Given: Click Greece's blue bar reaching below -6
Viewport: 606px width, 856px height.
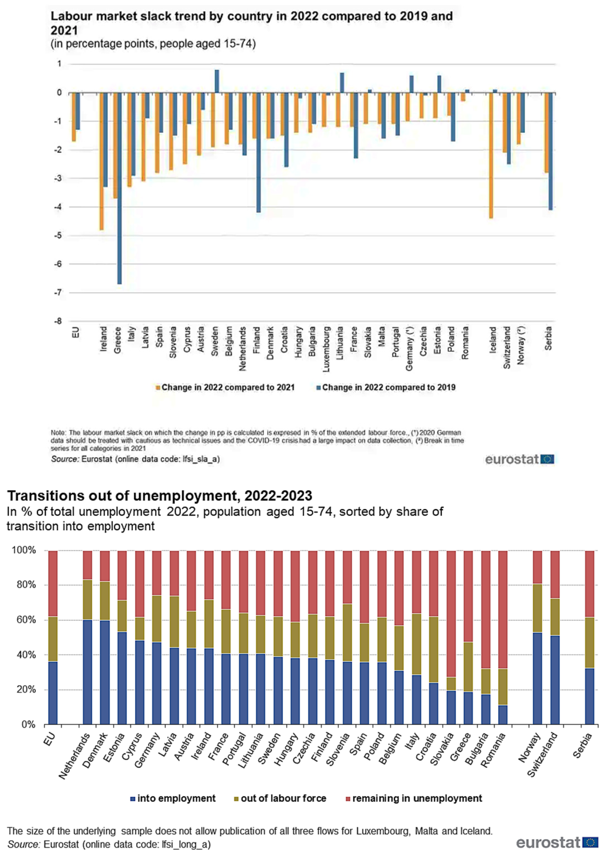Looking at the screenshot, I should point(119,188).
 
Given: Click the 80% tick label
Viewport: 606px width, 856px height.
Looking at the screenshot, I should point(24,585).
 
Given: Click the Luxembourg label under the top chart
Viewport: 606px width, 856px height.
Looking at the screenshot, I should point(326,349).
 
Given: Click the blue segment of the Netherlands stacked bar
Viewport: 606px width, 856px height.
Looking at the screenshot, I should point(88,671).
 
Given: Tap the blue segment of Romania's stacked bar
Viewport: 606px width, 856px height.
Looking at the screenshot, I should point(503,715).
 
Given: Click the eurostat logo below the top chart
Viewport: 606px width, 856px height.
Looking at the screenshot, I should point(520,459).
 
